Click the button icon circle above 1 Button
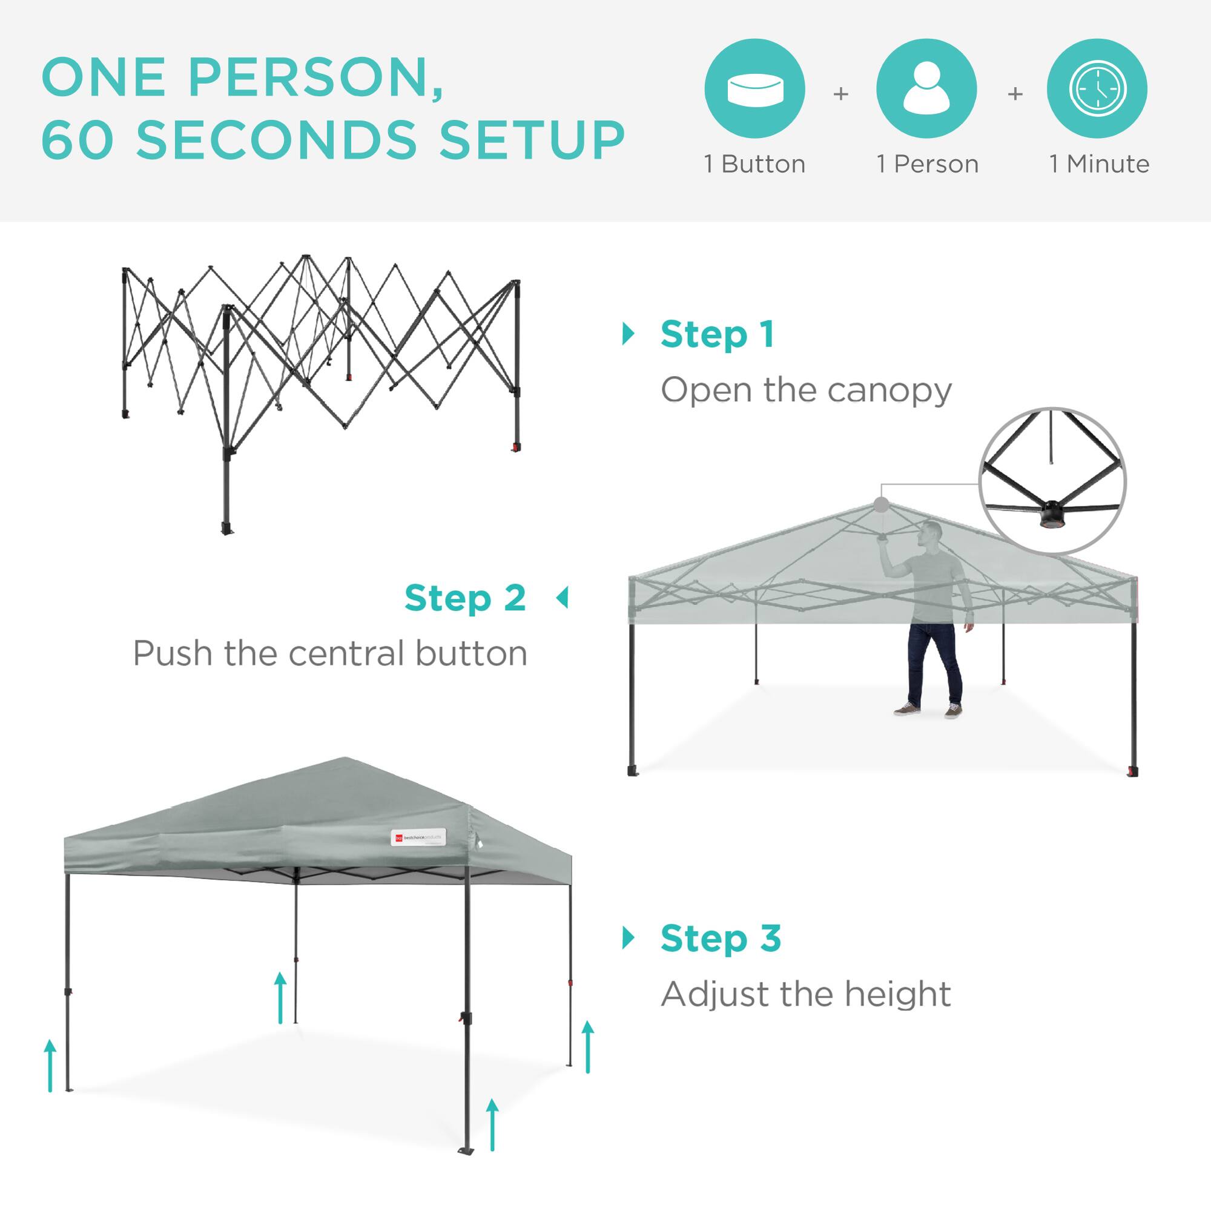click(x=754, y=88)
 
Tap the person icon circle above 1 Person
click(x=926, y=88)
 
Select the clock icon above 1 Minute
click(x=1098, y=88)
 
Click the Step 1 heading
click(x=717, y=334)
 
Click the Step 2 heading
click(x=465, y=598)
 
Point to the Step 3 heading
click(x=721, y=938)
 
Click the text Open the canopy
click(x=806, y=391)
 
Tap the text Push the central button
click(x=331, y=654)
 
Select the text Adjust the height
click(x=806, y=994)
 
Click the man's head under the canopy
click(x=932, y=533)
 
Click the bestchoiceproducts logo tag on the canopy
click(x=417, y=837)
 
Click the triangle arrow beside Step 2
click(x=563, y=598)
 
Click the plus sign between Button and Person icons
click(x=840, y=94)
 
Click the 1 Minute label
click(x=1100, y=164)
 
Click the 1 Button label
click(x=754, y=164)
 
